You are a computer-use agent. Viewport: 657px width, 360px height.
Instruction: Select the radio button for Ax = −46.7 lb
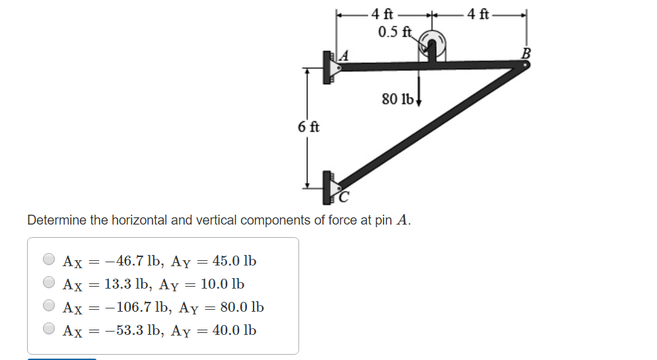(x=49, y=260)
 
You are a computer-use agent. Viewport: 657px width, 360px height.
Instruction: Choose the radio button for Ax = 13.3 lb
(x=49, y=283)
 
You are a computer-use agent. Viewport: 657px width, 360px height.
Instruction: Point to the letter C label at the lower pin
(x=343, y=196)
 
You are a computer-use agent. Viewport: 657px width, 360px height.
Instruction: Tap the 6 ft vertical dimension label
(x=308, y=127)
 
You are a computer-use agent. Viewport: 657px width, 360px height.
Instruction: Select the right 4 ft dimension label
(x=478, y=13)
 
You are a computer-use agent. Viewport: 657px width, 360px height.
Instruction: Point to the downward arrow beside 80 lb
(x=419, y=96)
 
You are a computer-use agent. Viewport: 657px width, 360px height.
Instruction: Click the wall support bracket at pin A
(x=328, y=67)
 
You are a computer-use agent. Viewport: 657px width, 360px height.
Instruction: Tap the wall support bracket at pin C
(x=328, y=188)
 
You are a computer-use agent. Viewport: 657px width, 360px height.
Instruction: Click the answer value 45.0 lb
(x=234, y=260)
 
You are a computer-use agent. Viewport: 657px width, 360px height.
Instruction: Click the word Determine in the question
(x=57, y=220)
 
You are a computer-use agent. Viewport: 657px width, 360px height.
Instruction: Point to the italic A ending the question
(x=402, y=220)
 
